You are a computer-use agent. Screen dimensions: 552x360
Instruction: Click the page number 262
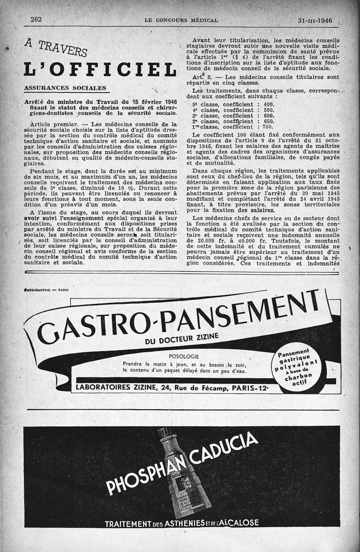36,19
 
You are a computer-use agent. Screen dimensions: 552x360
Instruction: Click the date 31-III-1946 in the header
318,20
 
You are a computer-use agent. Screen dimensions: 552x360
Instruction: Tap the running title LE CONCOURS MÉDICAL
181,20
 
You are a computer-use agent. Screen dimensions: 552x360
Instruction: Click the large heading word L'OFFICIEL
100,69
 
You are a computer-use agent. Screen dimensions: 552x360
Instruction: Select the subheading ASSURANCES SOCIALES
65,88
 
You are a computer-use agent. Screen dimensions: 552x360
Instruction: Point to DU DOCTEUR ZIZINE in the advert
181,338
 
